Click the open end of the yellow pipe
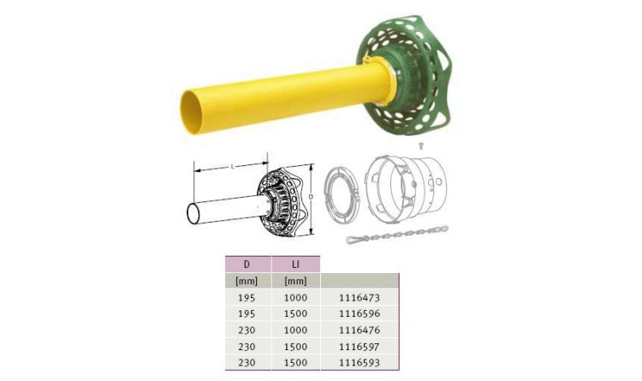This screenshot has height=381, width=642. click(191, 112)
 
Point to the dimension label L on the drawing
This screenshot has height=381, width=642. click(233, 166)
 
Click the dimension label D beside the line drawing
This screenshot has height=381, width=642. click(311, 197)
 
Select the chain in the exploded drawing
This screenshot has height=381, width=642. click(397, 235)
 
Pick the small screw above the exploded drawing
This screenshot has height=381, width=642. click(420, 146)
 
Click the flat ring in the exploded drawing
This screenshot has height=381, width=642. click(342, 195)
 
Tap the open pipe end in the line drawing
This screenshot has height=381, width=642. click(193, 213)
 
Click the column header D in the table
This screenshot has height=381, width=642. click(247, 265)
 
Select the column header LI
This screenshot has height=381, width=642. click(295, 265)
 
